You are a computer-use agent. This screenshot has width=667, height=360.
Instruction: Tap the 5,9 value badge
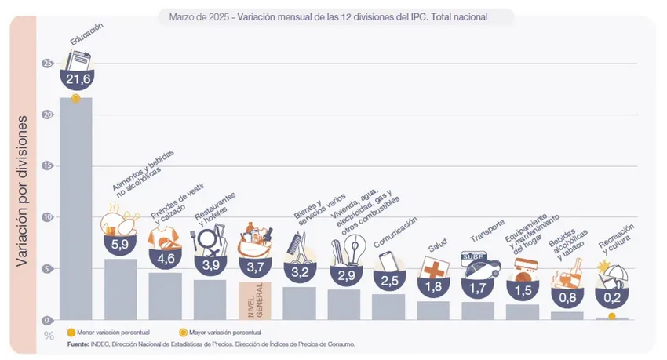pos(121,243)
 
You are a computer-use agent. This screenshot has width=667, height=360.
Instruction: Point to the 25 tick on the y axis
pos(49,63)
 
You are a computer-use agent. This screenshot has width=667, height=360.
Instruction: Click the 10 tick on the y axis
pos(49,217)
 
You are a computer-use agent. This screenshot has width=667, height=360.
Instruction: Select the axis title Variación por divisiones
pos(23,191)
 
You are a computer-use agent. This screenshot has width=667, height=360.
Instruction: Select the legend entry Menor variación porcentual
pos(113,333)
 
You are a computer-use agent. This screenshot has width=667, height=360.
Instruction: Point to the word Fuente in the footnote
pos(78,344)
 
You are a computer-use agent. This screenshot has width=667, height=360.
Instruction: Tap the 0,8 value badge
pos(569,297)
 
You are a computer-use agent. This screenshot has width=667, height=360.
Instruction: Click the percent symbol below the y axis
pos(49,336)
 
